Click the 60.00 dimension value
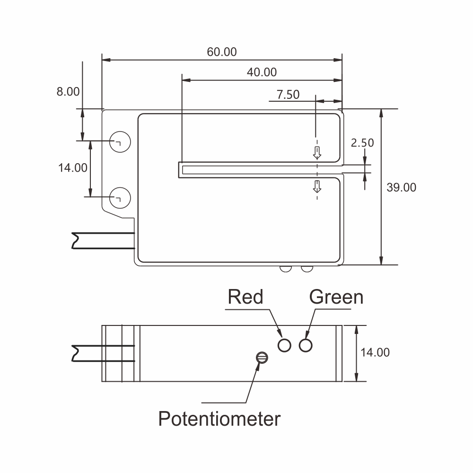222,52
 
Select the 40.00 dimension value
262,72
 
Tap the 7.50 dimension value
288,95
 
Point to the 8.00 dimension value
68,92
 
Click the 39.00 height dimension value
401,188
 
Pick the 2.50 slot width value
362,143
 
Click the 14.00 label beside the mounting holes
73,168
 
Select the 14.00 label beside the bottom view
375,352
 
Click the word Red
245,297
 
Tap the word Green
336,297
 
